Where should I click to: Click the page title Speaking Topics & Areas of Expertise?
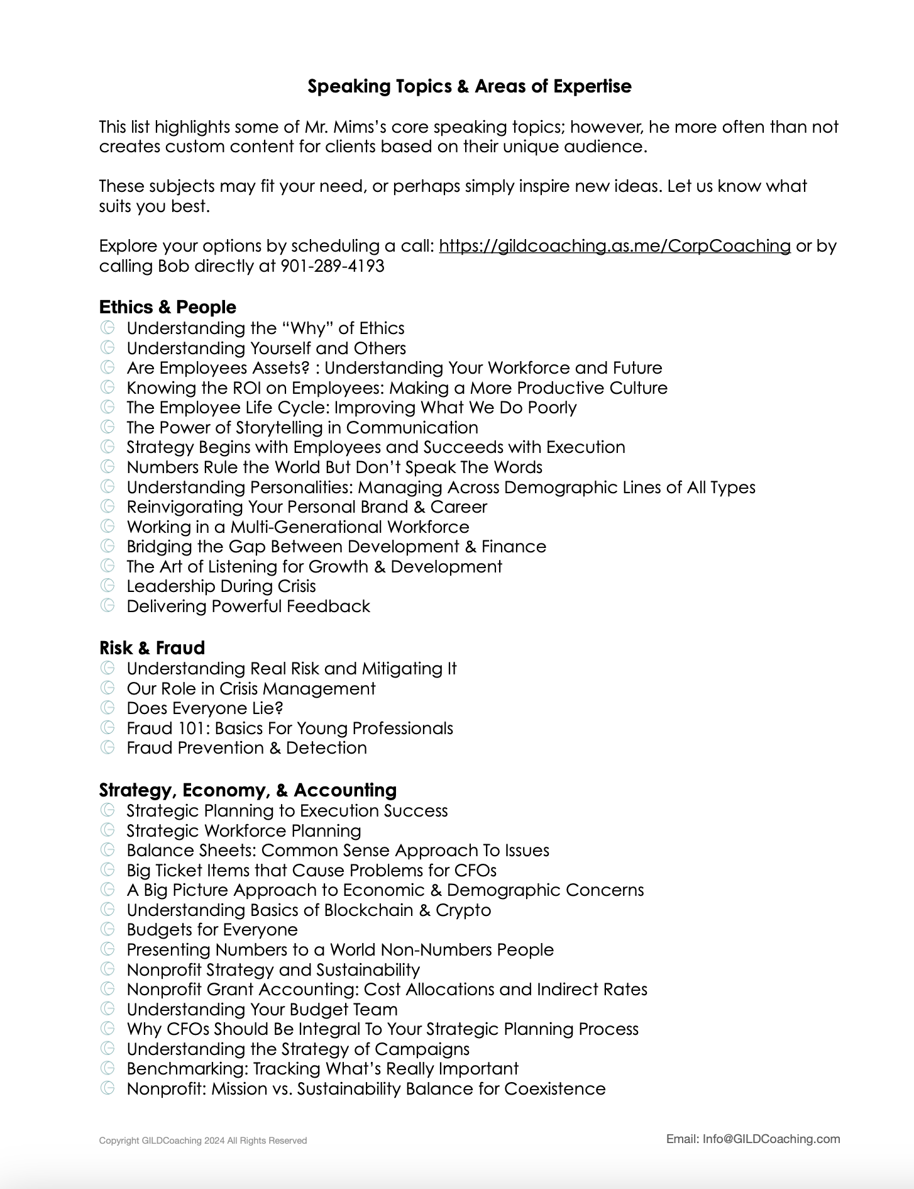469,86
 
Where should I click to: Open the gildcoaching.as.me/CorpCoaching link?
614,246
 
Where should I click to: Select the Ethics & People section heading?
167,307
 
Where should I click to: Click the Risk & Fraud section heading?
151,648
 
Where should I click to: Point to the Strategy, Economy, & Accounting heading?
248,790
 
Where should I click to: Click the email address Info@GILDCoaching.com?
771,1139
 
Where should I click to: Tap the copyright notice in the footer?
202,1141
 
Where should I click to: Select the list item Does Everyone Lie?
204,708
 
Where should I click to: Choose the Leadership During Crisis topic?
221,586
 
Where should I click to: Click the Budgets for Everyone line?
212,930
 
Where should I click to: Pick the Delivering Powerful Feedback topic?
248,606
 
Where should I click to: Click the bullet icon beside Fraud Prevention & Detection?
107,747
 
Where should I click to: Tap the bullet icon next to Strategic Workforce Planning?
107,830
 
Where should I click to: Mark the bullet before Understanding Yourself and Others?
107,347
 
